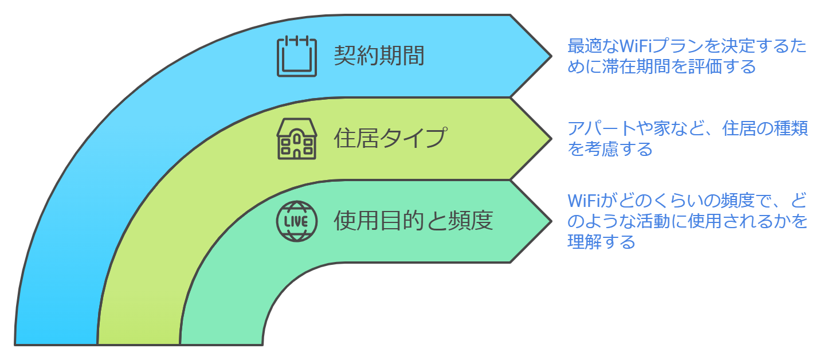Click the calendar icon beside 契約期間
[296, 56]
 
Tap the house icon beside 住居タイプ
[296, 139]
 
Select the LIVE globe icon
[296, 221]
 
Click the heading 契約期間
[379, 56]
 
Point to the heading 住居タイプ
[390, 139]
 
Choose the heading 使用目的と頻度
[413, 221]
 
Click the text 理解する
[601, 242]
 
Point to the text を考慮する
[610, 150]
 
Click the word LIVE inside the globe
[296, 221]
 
